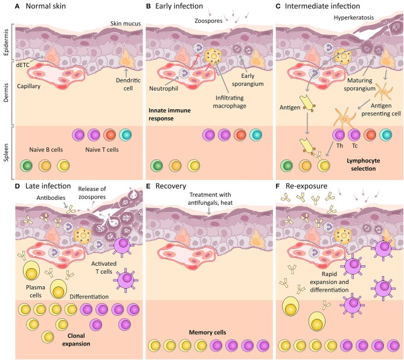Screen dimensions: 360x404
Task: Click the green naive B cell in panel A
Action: tap(27, 166)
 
